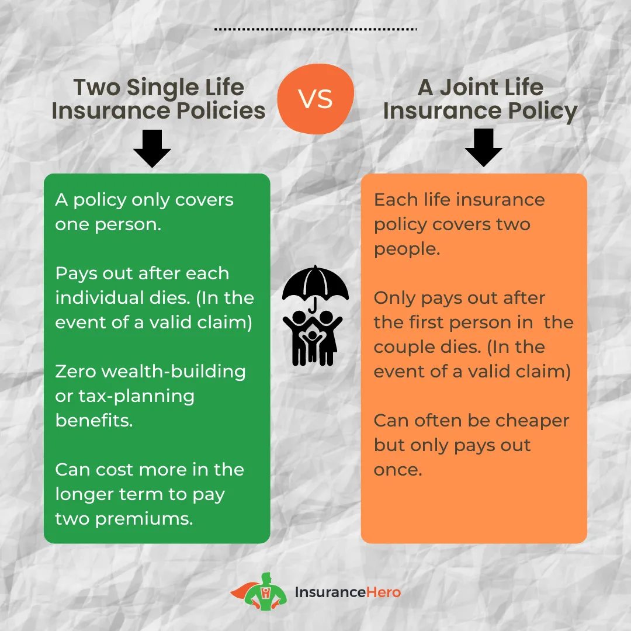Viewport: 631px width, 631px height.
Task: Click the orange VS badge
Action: click(x=316, y=99)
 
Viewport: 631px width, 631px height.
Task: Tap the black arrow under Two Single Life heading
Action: click(x=152, y=148)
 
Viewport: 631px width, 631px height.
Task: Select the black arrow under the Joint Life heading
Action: click(x=483, y=147)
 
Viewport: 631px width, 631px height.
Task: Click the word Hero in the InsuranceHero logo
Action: click(x=383, y=592)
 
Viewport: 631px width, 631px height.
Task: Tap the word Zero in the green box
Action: click(x=75, y=372)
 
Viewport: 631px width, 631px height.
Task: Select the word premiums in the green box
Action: click(x=144, y=519)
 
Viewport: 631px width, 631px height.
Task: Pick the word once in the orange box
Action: click(x=398, y=470)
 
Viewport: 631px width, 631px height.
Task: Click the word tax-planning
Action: click(x=136, y=397)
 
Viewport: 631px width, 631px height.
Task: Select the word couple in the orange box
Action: click(x=407, y=348)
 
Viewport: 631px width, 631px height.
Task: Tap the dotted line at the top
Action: click(x=315, y=29)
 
